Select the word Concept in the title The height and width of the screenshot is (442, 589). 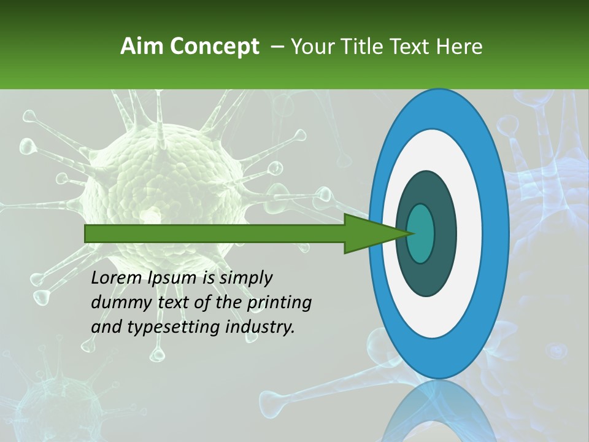click(x=214, y=47)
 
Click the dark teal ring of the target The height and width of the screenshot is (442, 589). click(x=445, y=233)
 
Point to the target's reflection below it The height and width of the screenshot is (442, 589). click(x=438, y=411)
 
